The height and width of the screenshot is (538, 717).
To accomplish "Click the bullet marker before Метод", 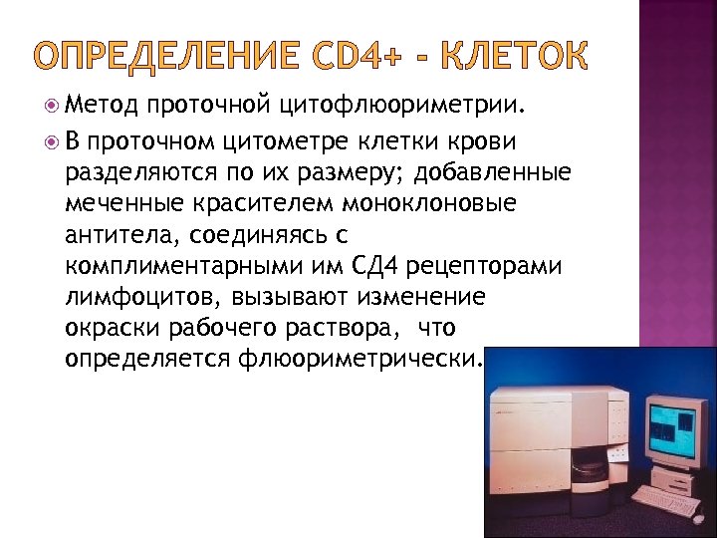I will tap(51, 102).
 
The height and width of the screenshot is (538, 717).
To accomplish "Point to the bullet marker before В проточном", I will tap(51, 142).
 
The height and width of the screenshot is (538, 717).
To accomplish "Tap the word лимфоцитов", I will tap(141, 297).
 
